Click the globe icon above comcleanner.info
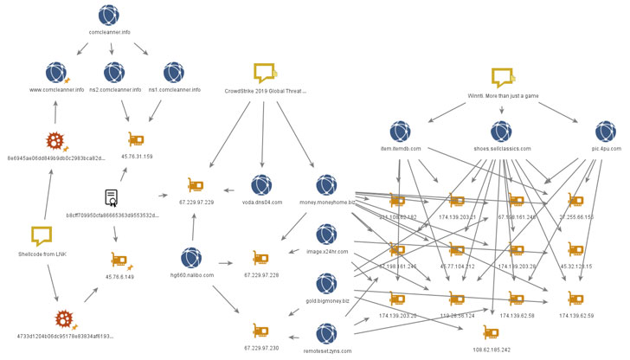point(108,15)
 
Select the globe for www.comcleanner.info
point(56,71)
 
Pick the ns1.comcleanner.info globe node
point(174,71)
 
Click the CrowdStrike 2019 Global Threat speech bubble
point(265,72)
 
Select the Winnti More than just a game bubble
point(503,77)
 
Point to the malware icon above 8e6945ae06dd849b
point(56,140)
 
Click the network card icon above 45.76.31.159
point(136,139)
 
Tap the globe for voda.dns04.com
point(261,184)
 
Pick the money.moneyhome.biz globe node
point(326,184)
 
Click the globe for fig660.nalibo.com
point(192,257)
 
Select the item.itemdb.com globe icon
point(400,132)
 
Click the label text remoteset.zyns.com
point(327,350)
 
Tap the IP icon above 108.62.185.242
point(491,332)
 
